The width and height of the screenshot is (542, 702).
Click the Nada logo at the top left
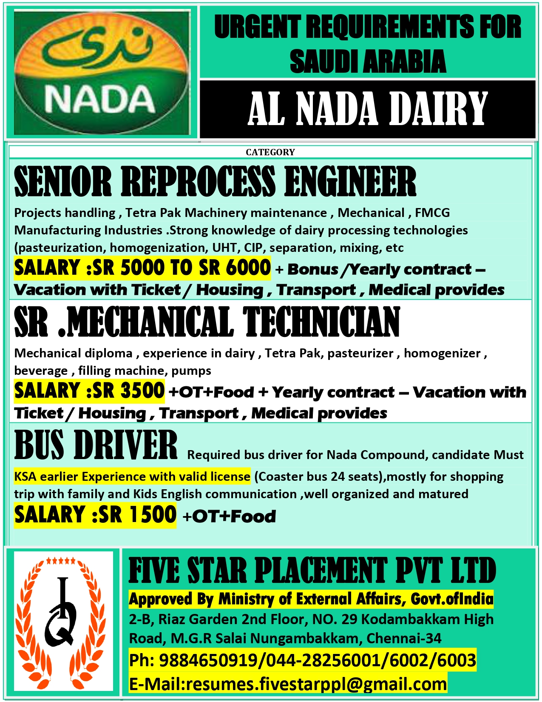[x=102, y=72]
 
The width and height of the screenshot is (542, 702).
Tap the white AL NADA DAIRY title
[x=368, y=109]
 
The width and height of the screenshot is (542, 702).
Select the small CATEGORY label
[x=270, y=152]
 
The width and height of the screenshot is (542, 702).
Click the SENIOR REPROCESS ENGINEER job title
[x=215, y=182]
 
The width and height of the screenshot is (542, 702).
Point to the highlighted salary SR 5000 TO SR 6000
[x=142, y=268]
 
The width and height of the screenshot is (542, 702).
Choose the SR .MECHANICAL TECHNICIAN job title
[x=207, y=322]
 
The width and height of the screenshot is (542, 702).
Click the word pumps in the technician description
[x=191, y=371]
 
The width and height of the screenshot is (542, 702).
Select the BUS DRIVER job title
[x=96, y=445]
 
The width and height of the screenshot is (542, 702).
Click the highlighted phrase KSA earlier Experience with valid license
[x=132, y=477]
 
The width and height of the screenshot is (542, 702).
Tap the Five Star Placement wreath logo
[x=63, y=621]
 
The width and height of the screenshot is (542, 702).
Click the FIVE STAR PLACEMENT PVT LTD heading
[x=312, y=571]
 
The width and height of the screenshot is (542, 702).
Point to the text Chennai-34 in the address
[x=404, y=638]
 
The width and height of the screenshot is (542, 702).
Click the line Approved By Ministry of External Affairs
[x=311, y=599]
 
